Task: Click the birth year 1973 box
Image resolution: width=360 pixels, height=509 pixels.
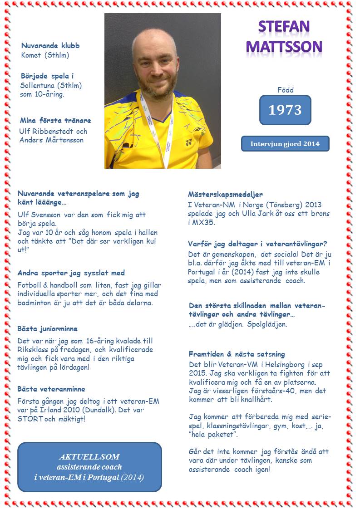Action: pos(285,110)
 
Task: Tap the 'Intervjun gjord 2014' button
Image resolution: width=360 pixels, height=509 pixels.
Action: pos(285,144)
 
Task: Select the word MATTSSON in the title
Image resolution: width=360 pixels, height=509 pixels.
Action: pos(284,46)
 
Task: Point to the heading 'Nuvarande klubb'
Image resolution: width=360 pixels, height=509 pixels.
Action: pos(50,46)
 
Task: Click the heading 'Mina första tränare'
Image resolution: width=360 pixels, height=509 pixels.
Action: pos(55,121)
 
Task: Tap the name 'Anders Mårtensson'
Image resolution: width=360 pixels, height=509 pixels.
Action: pos(51,140)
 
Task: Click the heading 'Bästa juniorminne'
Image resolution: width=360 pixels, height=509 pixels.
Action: pos(47,328)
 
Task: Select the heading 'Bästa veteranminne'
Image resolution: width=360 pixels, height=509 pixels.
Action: pos(51,389)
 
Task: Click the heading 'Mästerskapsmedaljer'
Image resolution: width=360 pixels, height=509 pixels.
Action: pos(225,194)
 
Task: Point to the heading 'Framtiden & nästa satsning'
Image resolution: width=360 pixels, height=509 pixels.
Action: pos(237,354)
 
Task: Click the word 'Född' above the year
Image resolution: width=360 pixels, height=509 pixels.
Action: pos(285,90)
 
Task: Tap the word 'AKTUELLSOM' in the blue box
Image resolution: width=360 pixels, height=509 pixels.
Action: pos(89,456)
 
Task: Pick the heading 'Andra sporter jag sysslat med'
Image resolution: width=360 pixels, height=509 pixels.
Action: pos(71,273)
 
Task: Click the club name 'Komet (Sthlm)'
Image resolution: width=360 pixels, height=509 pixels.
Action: pos(45,55)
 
